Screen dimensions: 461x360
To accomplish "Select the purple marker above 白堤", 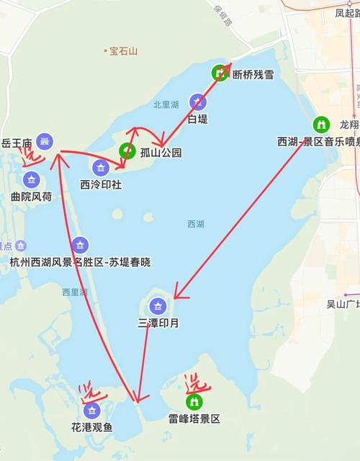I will coord(197,102).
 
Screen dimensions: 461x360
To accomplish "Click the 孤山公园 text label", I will coord(161,153).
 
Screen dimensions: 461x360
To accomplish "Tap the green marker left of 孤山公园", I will coord(127,151).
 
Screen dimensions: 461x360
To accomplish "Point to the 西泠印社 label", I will coord(101,184).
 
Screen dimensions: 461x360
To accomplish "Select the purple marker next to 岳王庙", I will coord(45,143).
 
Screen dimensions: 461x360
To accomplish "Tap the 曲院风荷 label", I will coord(31,196).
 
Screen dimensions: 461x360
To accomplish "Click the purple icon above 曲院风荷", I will coord(31,179).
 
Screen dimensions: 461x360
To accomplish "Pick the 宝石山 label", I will coord(124,51).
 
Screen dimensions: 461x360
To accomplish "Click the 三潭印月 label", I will coord(158,323).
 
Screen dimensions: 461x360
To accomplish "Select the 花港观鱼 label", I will coord(91,427).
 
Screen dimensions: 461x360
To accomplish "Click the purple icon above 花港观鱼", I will coord(91,411).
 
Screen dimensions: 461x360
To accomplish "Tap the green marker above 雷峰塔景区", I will coord(194,402).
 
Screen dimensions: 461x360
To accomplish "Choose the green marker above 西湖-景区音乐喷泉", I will coord(322,125).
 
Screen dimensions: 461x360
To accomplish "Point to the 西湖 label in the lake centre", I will coord(196,224).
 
